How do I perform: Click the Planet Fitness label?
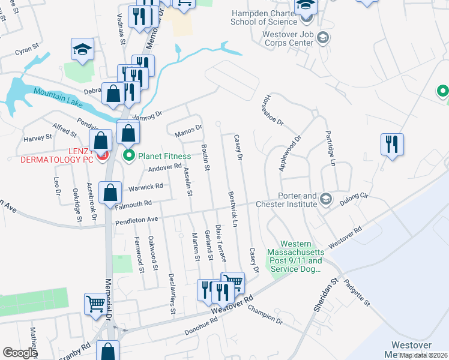(164, 157)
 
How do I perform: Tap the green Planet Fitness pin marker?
(128, 157)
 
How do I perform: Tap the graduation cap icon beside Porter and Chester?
(325, 198)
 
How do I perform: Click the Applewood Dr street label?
(289, 153)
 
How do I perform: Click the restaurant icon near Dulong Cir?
(392, 145)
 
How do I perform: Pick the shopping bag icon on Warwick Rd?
(110, 193)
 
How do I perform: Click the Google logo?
(20, 353)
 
